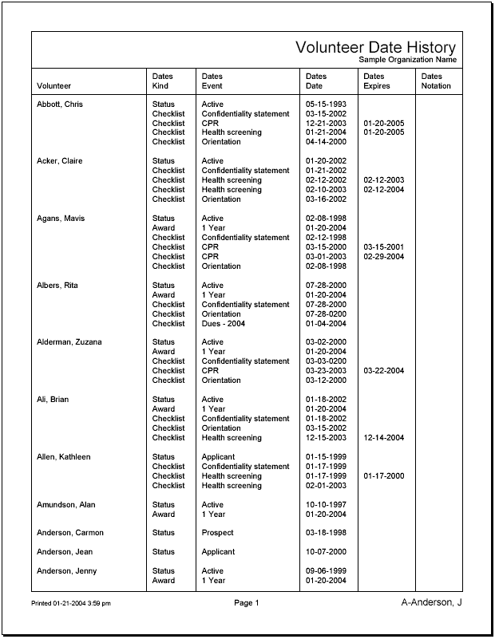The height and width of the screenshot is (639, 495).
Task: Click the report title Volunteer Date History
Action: tap(375, 48)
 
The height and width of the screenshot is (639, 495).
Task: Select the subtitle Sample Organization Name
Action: tap(407, 60)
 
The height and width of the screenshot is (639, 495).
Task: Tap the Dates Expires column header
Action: tap(377, 81)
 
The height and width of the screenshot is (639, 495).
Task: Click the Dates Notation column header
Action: tap(436, 81)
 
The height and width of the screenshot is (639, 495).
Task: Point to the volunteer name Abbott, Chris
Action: tap(60, 105)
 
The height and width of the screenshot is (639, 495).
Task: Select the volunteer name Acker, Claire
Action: tap(60, 161)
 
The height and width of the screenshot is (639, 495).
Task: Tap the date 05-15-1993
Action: tap(326, 105)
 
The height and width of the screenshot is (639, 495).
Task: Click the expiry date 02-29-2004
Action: tap(383, 257)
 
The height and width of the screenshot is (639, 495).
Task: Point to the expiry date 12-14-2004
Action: tap(383, 438)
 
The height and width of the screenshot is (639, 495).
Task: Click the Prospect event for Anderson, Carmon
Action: tap(218, 533)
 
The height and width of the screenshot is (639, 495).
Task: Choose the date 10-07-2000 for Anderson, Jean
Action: tap(326, 552)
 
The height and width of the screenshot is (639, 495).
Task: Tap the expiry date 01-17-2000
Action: tap(383, 476)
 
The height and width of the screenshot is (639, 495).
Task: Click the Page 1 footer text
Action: tap(246, 603)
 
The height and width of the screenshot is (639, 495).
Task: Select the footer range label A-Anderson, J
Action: tap(431, 602)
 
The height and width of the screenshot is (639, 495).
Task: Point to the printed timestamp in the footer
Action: tap(71, 604)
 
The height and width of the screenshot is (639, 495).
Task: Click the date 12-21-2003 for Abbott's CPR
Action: tap(326, 124)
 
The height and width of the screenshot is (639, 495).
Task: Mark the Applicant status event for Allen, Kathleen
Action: tap(218, 457)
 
